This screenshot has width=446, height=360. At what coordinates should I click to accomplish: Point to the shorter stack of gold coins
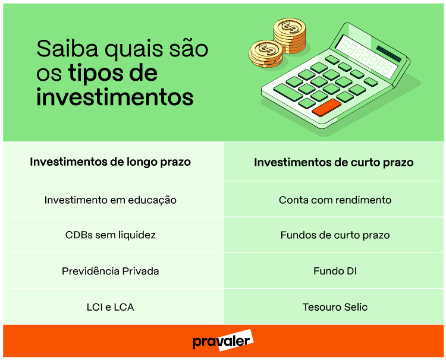(265, 53)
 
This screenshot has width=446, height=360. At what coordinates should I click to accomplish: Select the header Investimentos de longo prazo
(111, 162)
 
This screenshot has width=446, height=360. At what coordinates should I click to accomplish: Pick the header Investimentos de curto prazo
(334, 162)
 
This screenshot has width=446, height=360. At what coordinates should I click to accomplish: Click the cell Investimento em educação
(111, 200)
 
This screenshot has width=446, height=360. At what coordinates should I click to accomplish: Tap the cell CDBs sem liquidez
(111, 235)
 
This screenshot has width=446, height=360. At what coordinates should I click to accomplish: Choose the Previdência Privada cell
(111, 271)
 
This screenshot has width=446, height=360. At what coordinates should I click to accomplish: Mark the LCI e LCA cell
(111, 307)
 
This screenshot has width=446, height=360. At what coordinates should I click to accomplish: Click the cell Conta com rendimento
(335, 200)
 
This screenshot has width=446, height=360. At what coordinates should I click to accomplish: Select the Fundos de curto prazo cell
(335, 235)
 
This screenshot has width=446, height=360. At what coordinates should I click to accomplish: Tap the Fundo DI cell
(335, 271)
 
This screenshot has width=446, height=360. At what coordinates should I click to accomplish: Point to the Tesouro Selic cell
(335, 307)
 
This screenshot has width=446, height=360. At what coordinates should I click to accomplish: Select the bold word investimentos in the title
(115, 96)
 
